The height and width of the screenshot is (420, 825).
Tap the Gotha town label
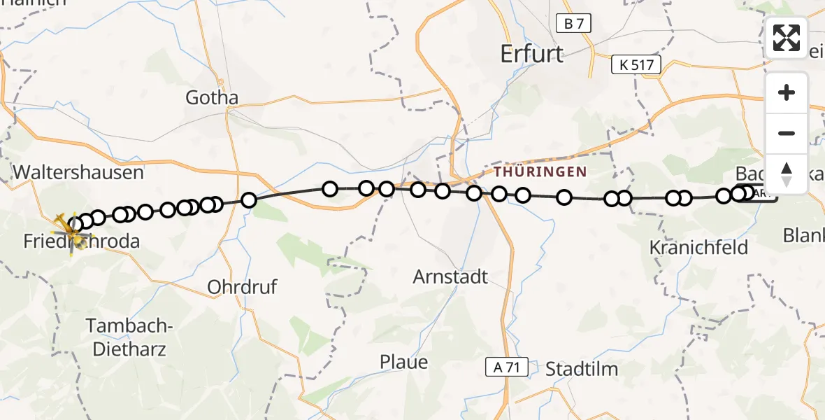point(212,98)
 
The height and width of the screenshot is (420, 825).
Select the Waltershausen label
point(78,172)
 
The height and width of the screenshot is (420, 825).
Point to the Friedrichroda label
point(81,242)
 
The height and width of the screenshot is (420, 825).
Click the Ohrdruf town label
point(242,287)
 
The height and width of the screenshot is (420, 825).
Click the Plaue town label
point(403,363)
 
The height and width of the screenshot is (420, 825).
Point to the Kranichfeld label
point(698,247)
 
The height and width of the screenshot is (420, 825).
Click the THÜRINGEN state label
point(540,171)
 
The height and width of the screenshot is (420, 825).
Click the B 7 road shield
point(573,24)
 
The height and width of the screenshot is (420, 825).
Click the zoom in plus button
point(787,92)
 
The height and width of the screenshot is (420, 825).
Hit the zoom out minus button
point(787,133)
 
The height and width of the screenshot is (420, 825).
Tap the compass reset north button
point(787,174)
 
